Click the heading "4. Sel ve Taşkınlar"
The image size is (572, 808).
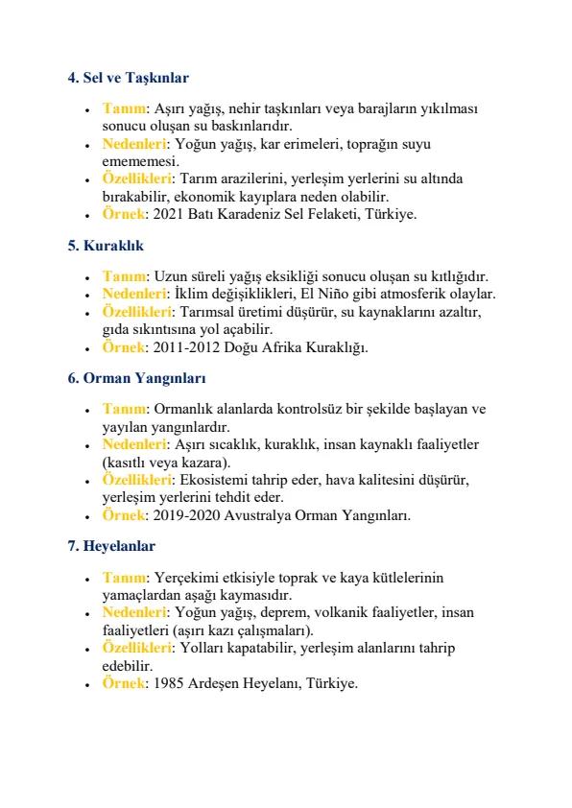coord(121,76)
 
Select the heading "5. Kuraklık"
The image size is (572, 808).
coord(98,246)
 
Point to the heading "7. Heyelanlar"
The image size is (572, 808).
coord(107,545)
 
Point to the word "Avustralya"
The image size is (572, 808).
coord(258,515)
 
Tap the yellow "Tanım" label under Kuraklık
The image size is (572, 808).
coord(123,275)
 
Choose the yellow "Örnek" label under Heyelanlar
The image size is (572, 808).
coord(123,683)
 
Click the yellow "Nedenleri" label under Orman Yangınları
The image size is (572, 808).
coord(135,444)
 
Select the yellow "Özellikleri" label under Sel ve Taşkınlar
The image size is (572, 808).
coord(138,178)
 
